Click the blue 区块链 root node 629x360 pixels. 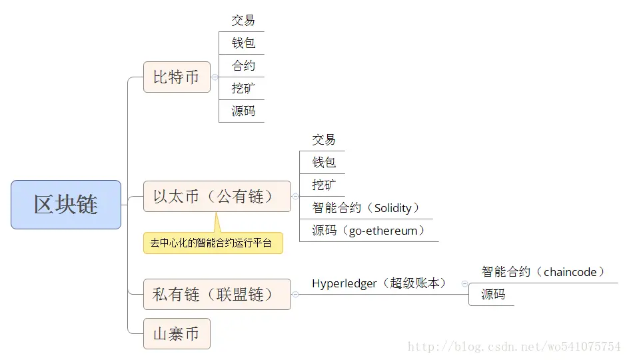tap(66, 205)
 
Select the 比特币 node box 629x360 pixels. tap(177, 77)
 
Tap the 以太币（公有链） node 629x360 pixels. tap(217, 197)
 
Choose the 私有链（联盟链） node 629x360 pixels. tap(217, 294)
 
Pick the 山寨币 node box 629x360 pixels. tap(177, 333)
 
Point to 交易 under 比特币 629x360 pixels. tap(243, 21)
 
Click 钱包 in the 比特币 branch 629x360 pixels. tap(243, 43)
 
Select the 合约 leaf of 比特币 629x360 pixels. tap(243, 66)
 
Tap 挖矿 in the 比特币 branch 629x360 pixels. tap(243, 88)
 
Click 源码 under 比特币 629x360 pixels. tap(243, 111)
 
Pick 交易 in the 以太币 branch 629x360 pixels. tap(324, 140)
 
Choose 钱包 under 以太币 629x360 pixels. tap(324, 162)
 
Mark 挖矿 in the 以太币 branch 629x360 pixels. tap(324, 185)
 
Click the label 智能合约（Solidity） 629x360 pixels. tap(366, 208)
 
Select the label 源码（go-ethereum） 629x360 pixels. tap(368, 231)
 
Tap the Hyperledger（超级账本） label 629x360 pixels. tap(379, 283)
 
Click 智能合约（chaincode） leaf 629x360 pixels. tap(543, 272)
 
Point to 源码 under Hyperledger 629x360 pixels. tap(493, 295)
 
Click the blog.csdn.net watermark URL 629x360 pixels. tap(514, 347)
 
